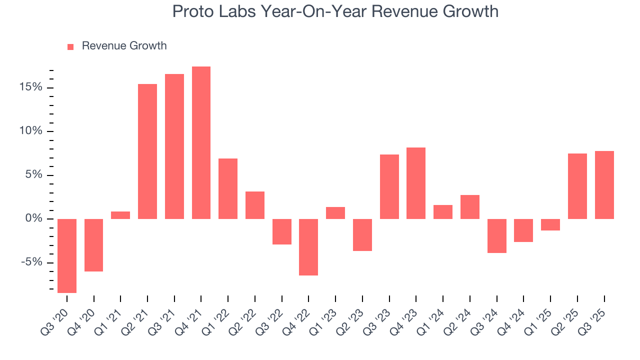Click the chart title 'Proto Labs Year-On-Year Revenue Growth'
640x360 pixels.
[335, 11]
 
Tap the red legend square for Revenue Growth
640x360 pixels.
[70, 46]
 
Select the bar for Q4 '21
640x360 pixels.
[201, 142]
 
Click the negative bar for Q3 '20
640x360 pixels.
[67, 255]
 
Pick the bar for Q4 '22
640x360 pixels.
[308, 247]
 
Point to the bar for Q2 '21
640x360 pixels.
[147, 151]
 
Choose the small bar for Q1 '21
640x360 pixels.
[120, 215]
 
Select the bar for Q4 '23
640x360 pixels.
[416, 183]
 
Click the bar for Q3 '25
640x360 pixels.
[604, 185]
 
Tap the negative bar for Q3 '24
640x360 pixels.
[496, 235]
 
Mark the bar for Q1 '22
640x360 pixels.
[228, 188]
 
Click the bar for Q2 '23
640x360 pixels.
[362, 234]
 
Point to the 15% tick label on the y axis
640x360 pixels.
[31, 87]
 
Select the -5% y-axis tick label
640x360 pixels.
[32, 263]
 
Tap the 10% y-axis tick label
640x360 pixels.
[31, 131]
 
